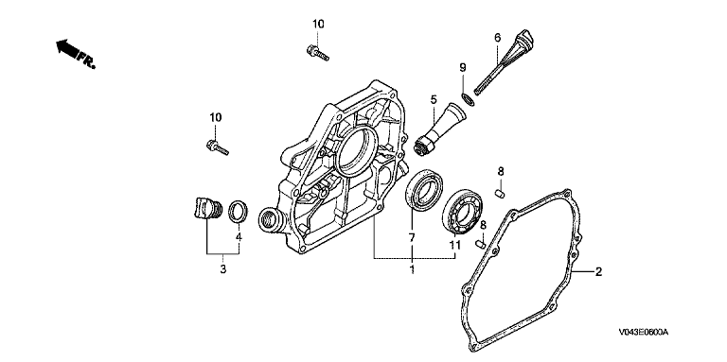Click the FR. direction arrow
click(76, 54)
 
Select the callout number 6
click(498, 38)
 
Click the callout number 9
click(462, 68)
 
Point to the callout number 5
click(434, 99)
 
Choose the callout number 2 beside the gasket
click(598, 271)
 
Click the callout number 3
click(223, 269)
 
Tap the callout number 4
click(239, 237)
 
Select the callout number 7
click(411, 238)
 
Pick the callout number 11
click(454, 245)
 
